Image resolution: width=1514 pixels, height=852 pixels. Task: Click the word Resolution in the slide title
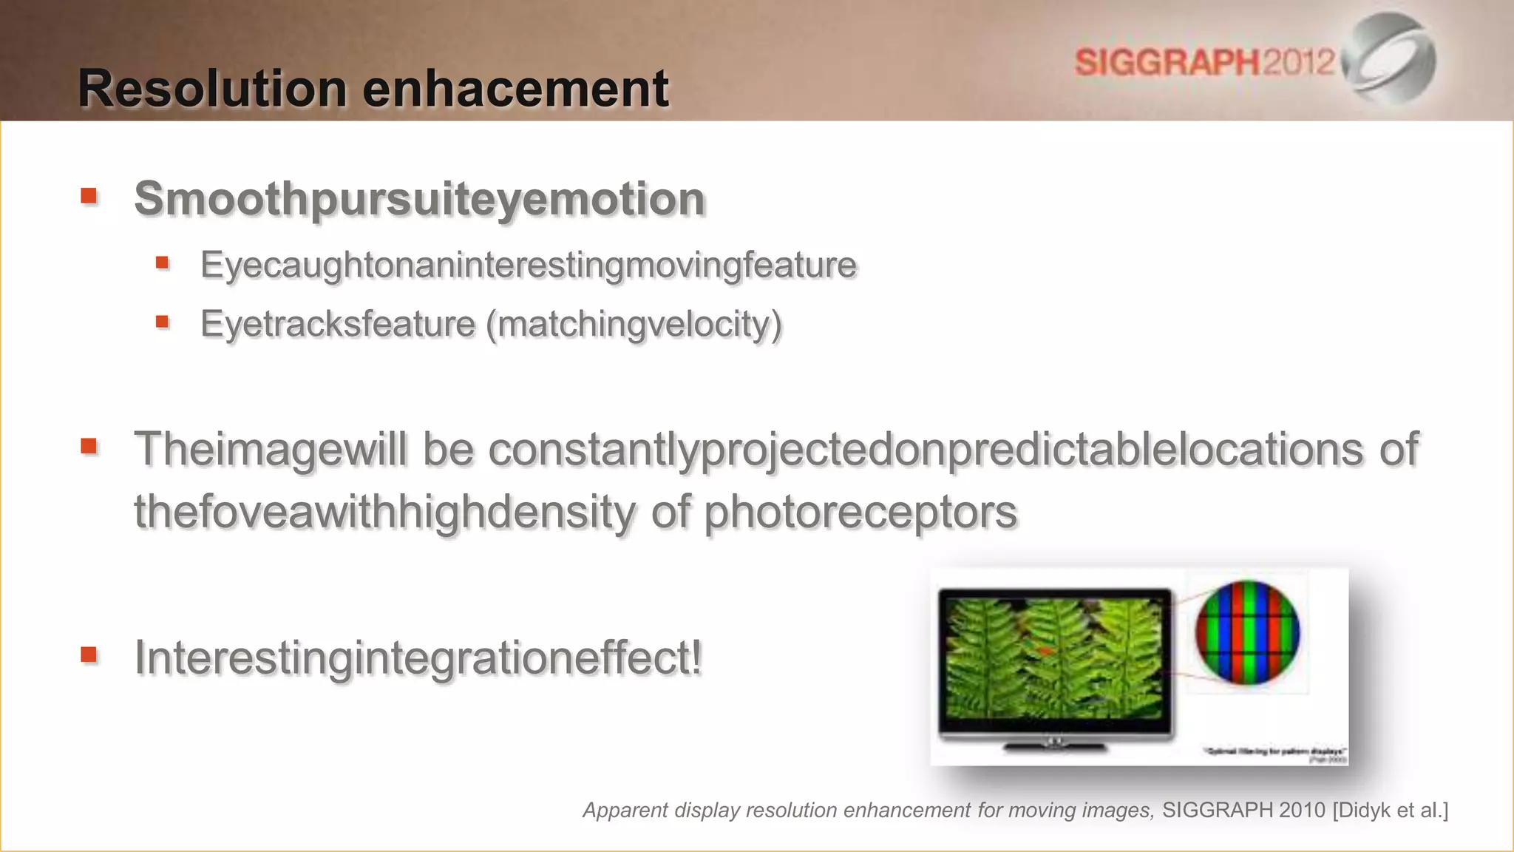point(212,89)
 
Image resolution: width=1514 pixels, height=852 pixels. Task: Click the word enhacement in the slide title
point(515,89)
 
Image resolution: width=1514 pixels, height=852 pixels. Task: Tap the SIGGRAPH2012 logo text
point(1205,61)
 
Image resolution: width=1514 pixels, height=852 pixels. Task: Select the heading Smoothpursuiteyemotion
point(419,199)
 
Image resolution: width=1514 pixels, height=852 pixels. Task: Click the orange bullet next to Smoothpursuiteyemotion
point(89,196)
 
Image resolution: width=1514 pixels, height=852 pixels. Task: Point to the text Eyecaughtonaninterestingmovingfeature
point(528,265)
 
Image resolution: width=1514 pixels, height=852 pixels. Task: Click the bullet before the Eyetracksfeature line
point(163,322)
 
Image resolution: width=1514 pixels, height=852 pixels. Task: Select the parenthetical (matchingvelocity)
point(634,324)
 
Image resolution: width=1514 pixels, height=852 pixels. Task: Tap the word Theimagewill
point(270,449)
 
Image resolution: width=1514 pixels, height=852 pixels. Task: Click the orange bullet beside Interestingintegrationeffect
point(89,654)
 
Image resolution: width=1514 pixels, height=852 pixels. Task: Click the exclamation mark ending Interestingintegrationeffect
point(695,657)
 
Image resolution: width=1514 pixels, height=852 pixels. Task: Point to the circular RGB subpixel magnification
point(1247,632)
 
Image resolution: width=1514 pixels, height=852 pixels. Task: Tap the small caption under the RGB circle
point(1275,752)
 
